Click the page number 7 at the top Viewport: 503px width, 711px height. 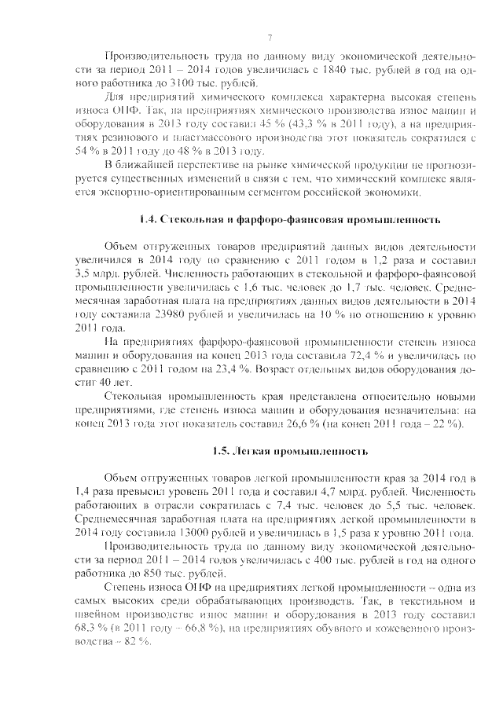(269, 38)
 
